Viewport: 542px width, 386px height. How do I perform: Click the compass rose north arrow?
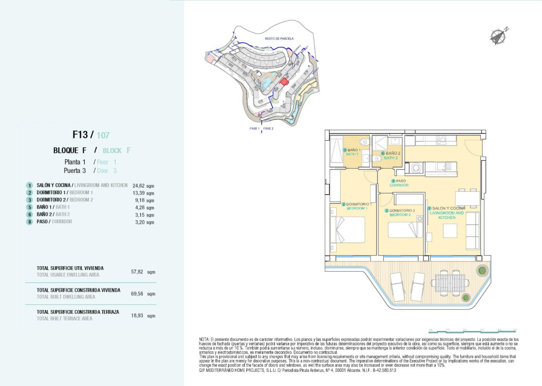point(498,36)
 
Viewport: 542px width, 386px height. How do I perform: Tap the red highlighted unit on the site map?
point(284,81)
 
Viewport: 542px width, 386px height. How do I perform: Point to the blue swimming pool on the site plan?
point(267,83)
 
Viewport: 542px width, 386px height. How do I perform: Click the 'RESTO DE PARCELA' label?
point(279,39)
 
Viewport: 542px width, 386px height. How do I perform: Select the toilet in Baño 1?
point(364,143)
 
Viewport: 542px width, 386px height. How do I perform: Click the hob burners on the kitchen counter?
point(441,140)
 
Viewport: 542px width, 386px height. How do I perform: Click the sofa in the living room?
point(472,230)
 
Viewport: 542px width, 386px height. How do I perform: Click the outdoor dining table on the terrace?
point(449,283)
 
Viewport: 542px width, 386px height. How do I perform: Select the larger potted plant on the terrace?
point(482,270)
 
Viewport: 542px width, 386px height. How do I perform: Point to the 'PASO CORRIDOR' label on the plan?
point(399,183)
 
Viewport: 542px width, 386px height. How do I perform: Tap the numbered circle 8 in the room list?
point(29,222)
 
